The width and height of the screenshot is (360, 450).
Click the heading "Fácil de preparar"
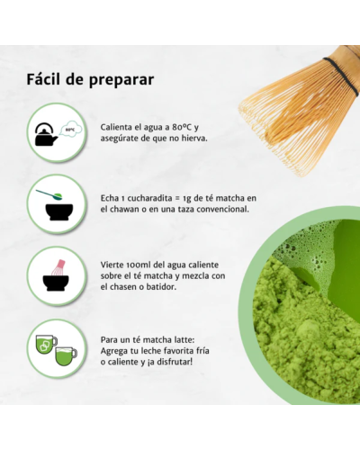[x=90, y=78]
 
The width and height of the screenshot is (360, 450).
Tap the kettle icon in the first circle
[x=46, y=135]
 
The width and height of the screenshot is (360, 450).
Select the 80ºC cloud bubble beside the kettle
[x=69, y=130]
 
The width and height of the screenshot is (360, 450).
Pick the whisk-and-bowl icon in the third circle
[x=54, y=273]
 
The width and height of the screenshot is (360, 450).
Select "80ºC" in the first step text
[x=184, y=127]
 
